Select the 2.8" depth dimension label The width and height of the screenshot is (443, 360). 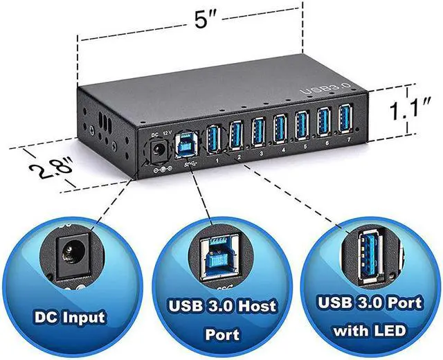pyautogui.click(x=44, y=163)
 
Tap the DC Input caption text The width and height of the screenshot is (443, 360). pyautogui.click(x=70, y=318)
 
